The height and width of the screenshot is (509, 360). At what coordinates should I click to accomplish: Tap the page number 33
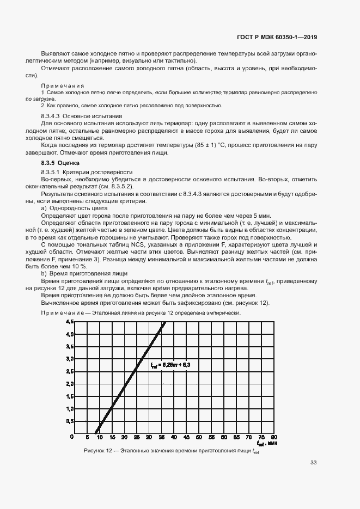tap(313, 463)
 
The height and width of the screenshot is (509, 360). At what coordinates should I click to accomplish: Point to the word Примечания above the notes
tap(62, 86)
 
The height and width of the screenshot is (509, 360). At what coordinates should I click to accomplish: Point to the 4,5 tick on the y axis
tap(70, 322)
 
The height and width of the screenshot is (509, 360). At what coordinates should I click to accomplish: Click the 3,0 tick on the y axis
tap(70, 359)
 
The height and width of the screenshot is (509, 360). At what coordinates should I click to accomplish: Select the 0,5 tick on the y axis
tap(70, 421)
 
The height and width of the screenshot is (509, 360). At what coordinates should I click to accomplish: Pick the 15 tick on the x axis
tap(112, 437)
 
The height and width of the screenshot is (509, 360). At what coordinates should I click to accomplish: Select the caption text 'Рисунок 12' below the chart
tap(99, 451)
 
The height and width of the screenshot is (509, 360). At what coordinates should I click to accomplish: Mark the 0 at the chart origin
tap(72, 437)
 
